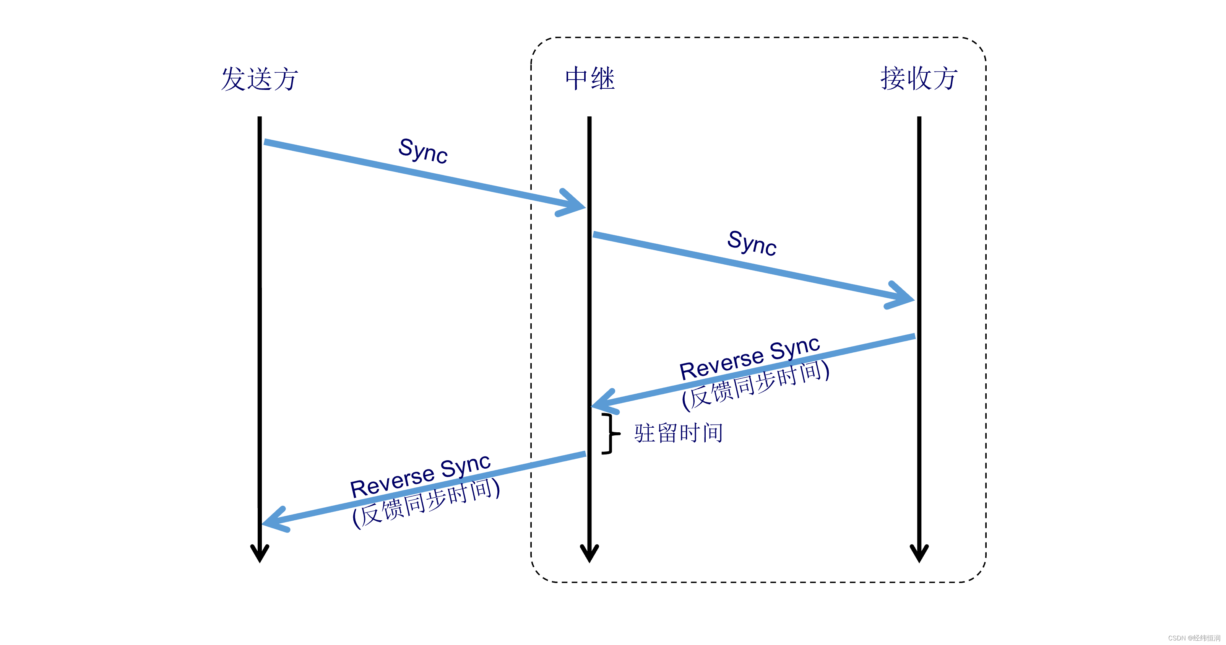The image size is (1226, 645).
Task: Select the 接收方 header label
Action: click(x=919, y=78)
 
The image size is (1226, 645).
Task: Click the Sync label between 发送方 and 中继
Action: click(x=423, y=151)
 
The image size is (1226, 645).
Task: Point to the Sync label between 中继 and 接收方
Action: click(x=752, y=243)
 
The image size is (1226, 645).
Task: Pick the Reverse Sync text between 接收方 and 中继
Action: click(x=750, y=358)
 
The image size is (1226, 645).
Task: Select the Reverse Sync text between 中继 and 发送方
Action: click(x=420, y=476)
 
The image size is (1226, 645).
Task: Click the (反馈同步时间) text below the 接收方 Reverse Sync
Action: click(x=756, y=385)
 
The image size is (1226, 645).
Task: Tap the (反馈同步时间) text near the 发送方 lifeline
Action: click(x=426, y=503)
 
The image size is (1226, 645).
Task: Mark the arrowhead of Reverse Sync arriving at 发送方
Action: click(x=274, y=521)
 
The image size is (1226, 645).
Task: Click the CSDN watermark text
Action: click(x=1193, y=638)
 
